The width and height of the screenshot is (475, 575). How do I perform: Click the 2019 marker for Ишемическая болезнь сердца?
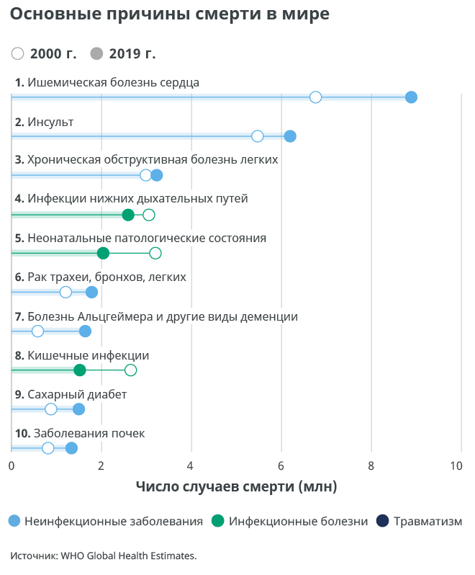point(411,98)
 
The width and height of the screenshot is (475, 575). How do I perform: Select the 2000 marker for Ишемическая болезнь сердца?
point(315,98)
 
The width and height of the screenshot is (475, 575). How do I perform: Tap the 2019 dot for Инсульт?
point(290,137)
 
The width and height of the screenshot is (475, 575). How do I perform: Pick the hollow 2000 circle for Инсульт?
point(258,137)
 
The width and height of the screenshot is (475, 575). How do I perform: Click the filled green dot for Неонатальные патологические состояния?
point(103,253)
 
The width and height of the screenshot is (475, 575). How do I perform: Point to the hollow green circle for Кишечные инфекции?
point(130,370)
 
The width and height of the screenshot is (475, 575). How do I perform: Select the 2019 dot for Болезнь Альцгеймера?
point(85,331)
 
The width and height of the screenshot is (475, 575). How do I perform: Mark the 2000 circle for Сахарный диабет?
point(51,409)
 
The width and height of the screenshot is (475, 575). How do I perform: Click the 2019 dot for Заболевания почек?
point(71,448)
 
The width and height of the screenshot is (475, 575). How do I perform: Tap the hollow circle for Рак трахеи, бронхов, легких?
point(65,292)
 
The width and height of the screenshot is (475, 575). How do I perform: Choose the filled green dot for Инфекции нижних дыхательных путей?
point(128,215)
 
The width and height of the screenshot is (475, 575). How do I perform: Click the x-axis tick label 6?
point(281,466)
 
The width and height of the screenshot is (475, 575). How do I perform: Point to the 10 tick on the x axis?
point(457,466)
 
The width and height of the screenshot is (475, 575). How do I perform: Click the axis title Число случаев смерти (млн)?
point(236,487)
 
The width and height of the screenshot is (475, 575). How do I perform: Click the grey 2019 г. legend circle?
point(97,54)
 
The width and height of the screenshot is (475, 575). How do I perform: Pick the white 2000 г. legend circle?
point(18,54)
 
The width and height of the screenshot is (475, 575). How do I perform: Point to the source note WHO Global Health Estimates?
point(103,556)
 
